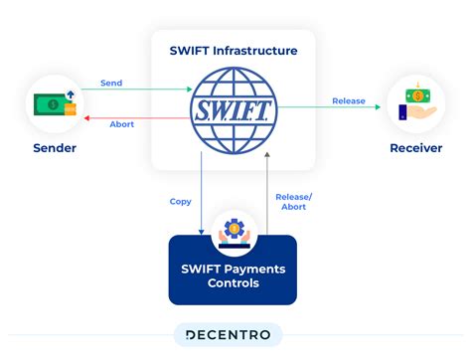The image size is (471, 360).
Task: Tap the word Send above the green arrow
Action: tap(111, 83)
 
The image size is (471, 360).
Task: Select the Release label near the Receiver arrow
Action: tap(348, 101)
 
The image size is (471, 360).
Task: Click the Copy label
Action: tap(180, 202)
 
